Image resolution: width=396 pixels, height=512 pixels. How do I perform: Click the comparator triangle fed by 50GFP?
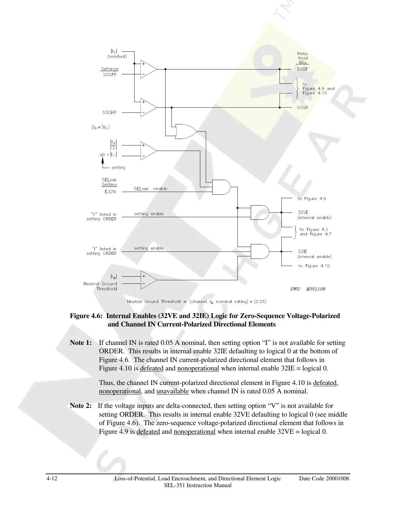click(148, 69)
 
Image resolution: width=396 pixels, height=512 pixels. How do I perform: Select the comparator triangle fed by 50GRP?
click(148, 107)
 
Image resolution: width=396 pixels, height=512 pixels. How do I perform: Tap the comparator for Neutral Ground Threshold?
click(148, 280)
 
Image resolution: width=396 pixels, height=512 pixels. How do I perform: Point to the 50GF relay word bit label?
click(302, 69)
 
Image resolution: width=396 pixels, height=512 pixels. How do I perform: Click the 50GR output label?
click(302, 107)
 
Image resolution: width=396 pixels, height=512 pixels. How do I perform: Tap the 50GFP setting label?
click(110, 74)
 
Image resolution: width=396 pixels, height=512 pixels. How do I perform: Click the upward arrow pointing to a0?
click(103, 161)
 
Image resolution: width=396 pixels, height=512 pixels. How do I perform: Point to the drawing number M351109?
click(315, 289)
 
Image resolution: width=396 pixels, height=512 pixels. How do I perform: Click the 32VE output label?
click(303, 212)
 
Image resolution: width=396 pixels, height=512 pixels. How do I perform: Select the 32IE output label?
click(302, 251)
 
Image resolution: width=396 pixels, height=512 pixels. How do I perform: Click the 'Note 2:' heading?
click(81, 406)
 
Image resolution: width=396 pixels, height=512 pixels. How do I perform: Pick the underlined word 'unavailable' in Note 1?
click(172, 391)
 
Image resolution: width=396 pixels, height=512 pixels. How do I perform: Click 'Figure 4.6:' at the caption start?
click(86, 316)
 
